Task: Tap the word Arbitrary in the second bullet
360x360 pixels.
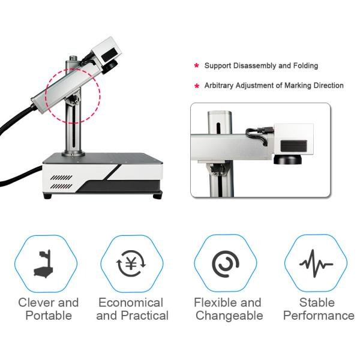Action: (219, 85)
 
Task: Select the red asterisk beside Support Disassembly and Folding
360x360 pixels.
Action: (197, 66)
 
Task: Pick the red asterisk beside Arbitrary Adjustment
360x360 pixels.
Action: (197, 86)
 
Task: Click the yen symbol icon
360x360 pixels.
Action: (131, 263)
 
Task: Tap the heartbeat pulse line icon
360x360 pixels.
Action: (316, 263)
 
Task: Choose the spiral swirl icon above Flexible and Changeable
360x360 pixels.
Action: (226, 264)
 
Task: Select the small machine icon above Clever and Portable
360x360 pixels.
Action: (44, 264)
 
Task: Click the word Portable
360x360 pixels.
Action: (49, 316)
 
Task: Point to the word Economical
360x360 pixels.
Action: (131, 302)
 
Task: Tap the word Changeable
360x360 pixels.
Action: (229, 316)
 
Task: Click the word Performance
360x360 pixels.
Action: (319, 316)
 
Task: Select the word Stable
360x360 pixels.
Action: (317, 302)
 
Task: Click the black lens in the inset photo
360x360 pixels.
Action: (287, 159)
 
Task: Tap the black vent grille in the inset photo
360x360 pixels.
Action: (293, 146)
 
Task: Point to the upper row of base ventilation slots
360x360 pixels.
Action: (61, 178)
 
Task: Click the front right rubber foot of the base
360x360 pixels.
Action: (157, 196)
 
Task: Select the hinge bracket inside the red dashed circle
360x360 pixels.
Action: (73, 99)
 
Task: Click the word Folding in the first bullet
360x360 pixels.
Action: (305, 65)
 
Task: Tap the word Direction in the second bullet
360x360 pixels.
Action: (329, 85)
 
